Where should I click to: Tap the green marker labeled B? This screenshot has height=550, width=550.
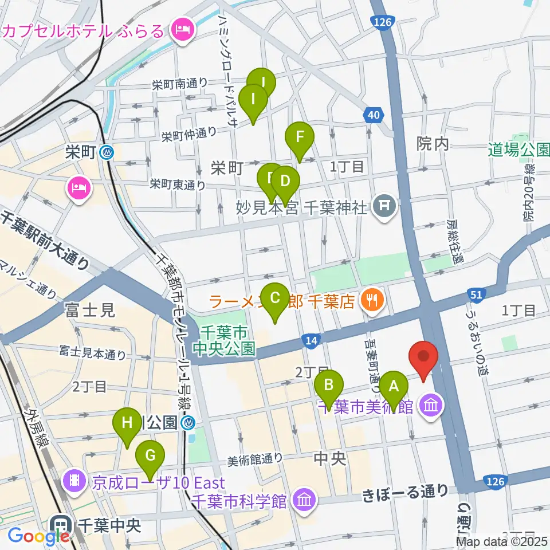pos(328,385)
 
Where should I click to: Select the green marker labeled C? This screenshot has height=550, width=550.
pos(275,298)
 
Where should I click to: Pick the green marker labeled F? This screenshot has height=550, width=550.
pos(299,137)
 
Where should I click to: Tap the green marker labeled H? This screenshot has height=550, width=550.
pos(127,423)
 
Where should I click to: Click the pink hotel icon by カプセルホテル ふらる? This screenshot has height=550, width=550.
pos(183,27)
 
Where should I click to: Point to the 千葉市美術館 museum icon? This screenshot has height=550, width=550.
pos(430,407)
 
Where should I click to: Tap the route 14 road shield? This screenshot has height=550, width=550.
pos(310,341)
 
